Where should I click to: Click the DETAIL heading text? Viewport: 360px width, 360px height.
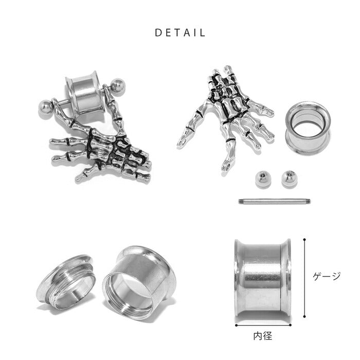click(180, 32)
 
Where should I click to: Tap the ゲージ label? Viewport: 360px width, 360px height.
click(327, 277)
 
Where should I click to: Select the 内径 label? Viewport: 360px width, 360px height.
click(263, 336)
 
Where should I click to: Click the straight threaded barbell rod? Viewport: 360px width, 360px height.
click(275, 202)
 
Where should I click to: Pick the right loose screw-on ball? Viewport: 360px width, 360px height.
click(289, 179)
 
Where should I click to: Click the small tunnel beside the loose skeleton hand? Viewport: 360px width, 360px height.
click(308, 128)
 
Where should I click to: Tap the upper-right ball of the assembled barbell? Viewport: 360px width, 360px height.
click(118, 86)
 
